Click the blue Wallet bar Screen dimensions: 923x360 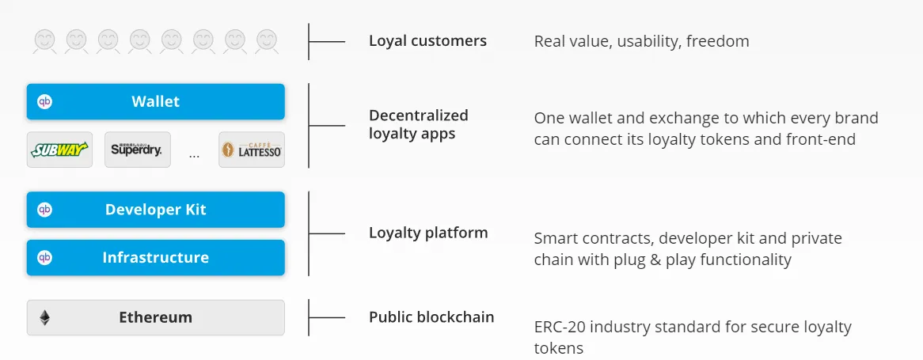155,101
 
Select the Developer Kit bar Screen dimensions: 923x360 155,210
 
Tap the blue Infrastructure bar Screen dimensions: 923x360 155,258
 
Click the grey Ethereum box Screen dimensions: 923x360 155,317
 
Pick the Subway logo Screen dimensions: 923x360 59,150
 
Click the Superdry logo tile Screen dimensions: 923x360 137,150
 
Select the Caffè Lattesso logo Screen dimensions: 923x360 252,150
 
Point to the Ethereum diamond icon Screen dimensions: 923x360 45,317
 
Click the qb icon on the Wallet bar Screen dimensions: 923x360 45,101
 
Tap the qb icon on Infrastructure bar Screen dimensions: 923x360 45,258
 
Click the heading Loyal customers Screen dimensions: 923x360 428,40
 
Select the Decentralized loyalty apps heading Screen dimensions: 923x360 419,124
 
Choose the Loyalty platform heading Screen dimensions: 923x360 428,233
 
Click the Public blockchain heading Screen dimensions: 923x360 431,317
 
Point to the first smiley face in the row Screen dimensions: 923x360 45,41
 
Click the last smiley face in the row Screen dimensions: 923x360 267,41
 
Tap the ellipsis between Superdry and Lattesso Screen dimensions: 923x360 194,156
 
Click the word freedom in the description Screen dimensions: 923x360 717,42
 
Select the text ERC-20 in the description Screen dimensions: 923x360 560,327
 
